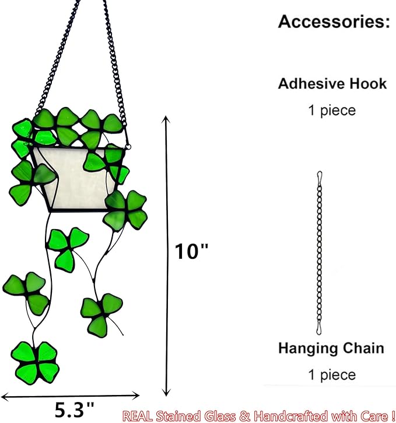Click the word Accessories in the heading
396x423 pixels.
(x=332, y=22)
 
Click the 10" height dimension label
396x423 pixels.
(x=191, y=251)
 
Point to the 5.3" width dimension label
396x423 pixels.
(x=75, y=410)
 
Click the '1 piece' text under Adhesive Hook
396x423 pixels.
(x=332, y=110)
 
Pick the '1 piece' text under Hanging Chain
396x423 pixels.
(x=332, y=375)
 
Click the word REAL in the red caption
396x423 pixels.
(x=138, y=416)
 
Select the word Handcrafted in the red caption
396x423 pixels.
(x=291, y=416)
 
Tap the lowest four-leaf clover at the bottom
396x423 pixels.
(x=35, y=362)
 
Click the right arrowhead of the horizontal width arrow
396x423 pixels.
(x=136, y=396)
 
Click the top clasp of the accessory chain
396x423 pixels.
(x=320, y=176)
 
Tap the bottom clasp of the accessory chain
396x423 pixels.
(x=319, y=328)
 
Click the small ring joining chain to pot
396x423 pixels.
(x=128, y=147)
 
